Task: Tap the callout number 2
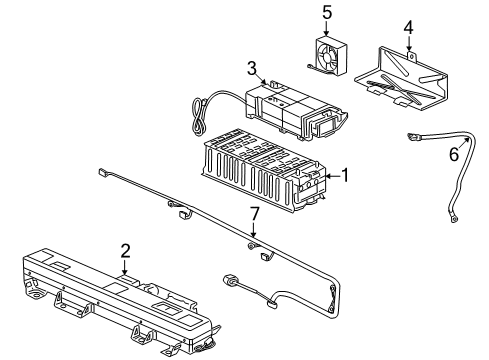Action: [124, 253]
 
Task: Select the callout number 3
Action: [252, 68]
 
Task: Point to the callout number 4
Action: [407, 28]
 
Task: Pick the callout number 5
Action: [325, 12]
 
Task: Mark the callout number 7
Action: [254, 214]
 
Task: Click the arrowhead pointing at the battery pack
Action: [328, 177]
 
